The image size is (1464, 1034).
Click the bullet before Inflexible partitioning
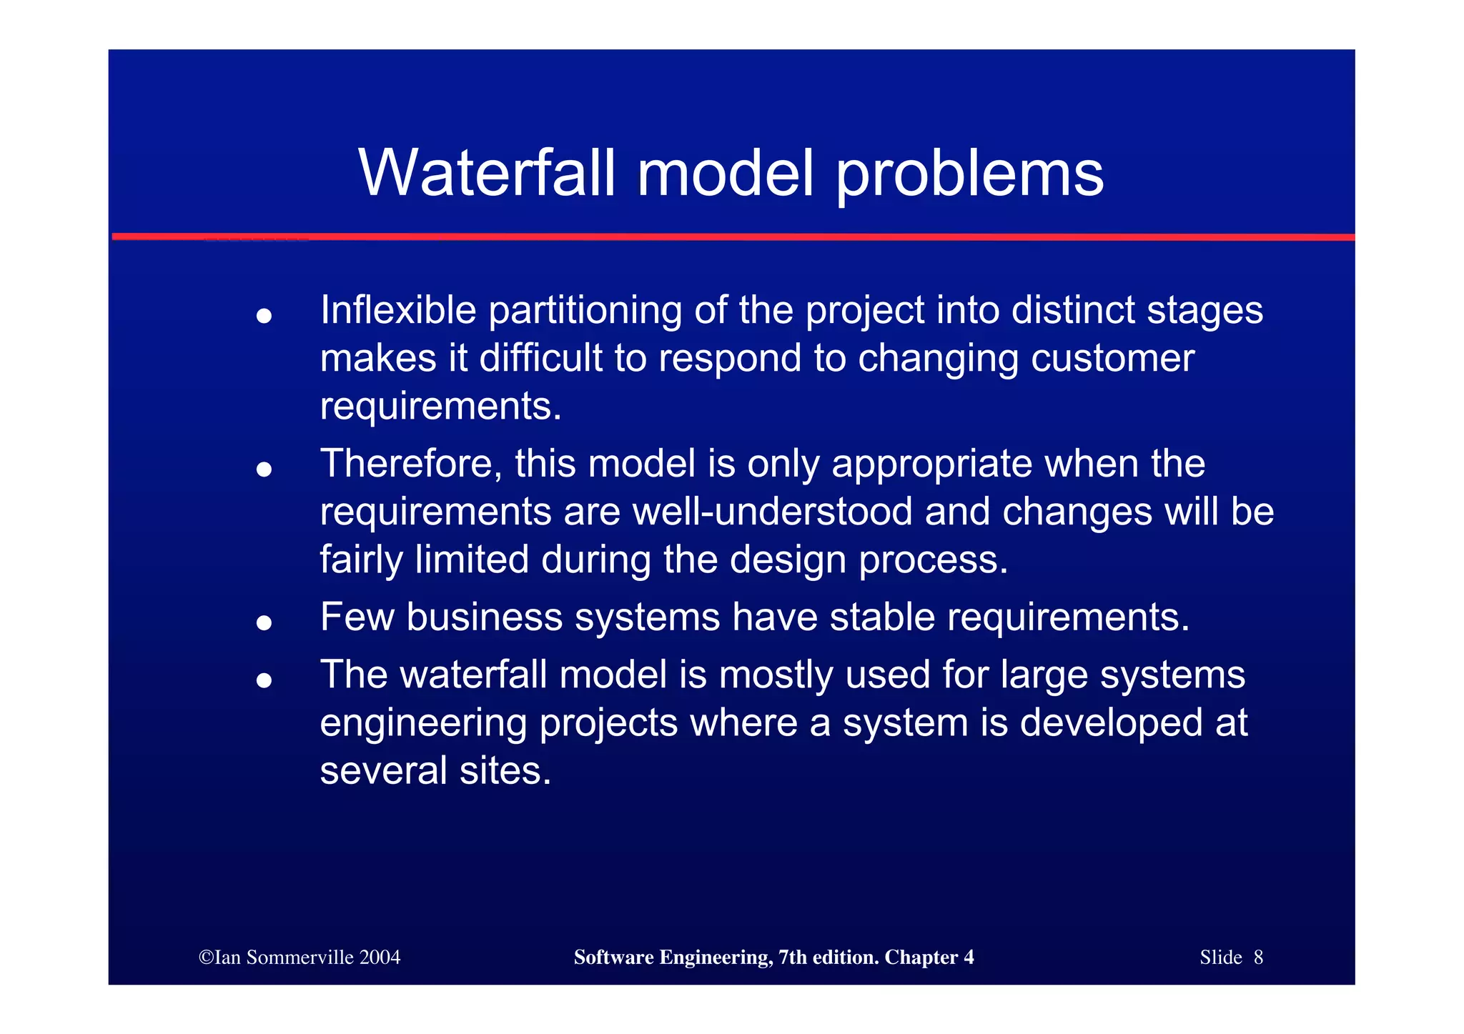click(x=264, y=316)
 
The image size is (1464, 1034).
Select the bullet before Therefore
click(x=264, y=469)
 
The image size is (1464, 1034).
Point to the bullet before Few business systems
click(x=264, y=623)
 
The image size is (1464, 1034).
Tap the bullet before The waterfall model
click(x=264, y=680)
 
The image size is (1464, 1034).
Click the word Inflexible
click(x=398, y=310)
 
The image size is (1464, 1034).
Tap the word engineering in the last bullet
click(x=423, y=724)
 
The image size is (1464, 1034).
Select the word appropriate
click(x=931, y=465)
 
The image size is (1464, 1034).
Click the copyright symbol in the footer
click(x=206, y=958)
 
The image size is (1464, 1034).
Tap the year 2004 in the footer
click(x=380, y=958)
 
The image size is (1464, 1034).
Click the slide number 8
click(x=1258, y=958)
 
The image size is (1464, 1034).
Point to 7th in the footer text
click(x=792, y=958)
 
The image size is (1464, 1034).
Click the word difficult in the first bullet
click(x=540, y=358)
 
